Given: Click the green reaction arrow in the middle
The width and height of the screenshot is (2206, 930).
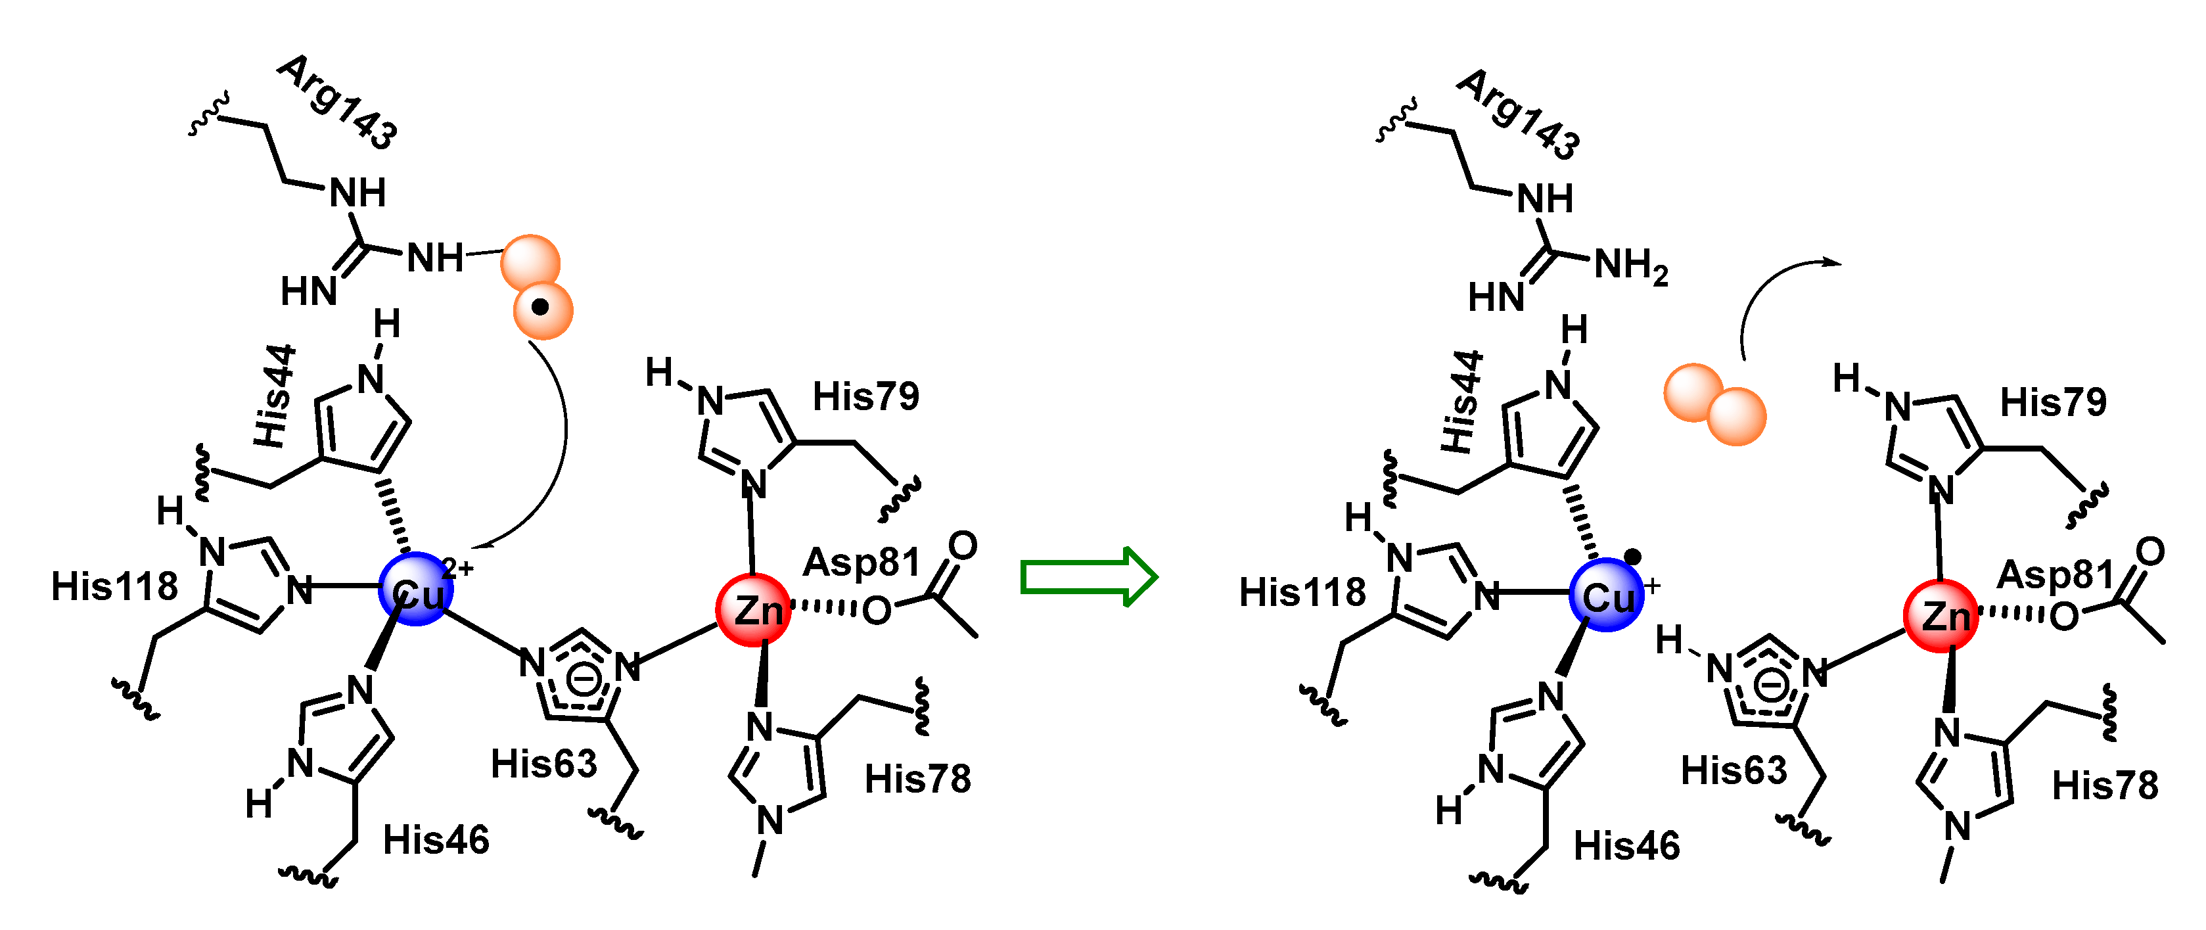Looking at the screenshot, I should [x=1088, y=576].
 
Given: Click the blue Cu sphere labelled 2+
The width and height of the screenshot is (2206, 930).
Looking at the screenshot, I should [x=415, y=589].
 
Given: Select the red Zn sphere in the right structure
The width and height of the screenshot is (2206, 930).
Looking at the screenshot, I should [x=1941, y=616].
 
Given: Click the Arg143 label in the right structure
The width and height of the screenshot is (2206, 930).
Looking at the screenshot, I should [x=1519, y=115].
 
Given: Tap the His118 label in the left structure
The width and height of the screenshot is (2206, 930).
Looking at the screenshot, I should [x=114, y=588].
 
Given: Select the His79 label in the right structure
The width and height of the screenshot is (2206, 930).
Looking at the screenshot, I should [x=2053, y=402].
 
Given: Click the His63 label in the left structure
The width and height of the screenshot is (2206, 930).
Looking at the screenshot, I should [x=544, y=764].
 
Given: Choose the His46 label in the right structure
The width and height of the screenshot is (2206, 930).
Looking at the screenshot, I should [x=1627, y=846].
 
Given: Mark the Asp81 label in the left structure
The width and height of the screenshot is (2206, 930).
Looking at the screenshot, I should [x=861, y=563].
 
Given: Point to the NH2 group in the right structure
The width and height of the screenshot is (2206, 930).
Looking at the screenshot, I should [x=1630, y=266].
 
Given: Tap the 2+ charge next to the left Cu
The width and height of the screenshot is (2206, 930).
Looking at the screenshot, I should [x=458, y=567].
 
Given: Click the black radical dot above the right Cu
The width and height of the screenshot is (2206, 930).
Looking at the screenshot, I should [x=1632, y=557].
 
